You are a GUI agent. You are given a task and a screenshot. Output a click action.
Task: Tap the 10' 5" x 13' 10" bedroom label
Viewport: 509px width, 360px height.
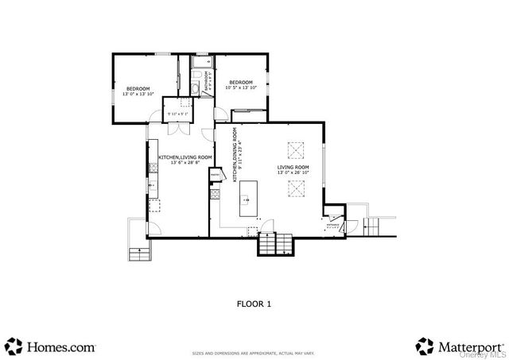click(241, 86)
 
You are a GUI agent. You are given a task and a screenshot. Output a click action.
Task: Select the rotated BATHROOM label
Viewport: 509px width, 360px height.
click(205, 81)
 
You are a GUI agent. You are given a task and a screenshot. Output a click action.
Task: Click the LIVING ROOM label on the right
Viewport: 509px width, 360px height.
click(292, 169)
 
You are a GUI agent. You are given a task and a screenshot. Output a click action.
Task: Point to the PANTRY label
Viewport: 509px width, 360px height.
click(215, 174)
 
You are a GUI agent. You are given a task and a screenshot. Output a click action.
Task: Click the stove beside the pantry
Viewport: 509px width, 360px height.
click(213, 192)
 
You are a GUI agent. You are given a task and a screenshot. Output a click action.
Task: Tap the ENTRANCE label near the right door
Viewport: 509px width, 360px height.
click(332, 224)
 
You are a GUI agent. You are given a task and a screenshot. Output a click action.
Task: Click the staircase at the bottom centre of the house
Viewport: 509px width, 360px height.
click(274, 244)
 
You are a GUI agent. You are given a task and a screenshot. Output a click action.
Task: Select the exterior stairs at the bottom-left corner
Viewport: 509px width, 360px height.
click(138, 253)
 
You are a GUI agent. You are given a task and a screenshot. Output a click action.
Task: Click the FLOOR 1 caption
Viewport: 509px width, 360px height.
click(254, 304)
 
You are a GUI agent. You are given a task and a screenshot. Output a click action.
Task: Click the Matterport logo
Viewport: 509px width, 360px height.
click(460, 346)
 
